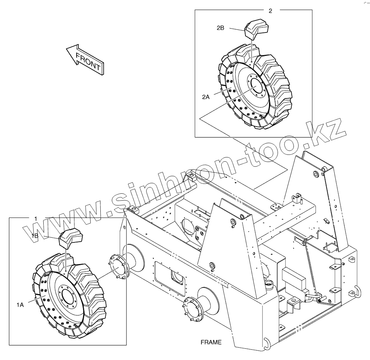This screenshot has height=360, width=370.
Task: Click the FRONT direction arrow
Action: [x=85, y=60]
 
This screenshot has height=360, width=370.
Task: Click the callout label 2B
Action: [x=221, y=27]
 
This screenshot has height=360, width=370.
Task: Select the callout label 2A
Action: [x=206, y=97]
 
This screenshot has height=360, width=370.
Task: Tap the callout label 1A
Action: [x=20, y=305]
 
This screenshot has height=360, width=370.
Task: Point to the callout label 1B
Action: [x=35, y=236]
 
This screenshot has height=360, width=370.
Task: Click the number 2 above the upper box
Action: [x=271, y=10]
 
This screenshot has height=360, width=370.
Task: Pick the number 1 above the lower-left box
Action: [x=36, y=219]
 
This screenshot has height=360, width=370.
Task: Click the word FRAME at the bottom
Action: [x=211, y=342]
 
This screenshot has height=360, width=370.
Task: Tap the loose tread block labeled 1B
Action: [x=71, y=238]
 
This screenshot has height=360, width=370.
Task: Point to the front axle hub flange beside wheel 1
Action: [x=118, y=267]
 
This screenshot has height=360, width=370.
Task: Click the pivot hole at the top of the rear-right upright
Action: [x=317, y=175]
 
